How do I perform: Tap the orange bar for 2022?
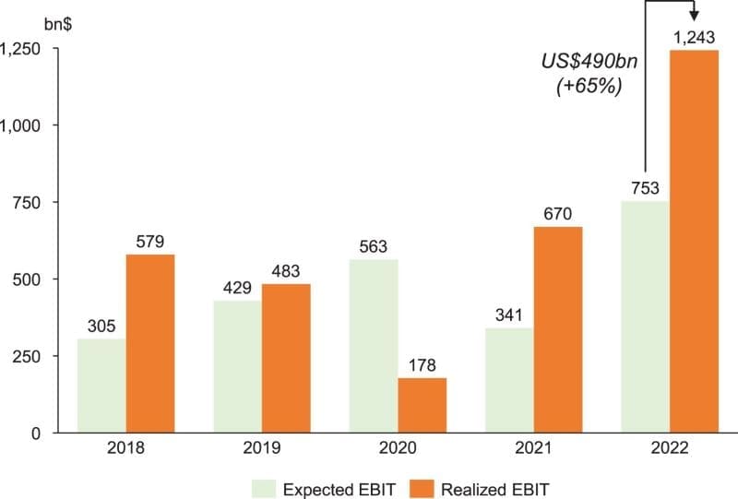point(694,241)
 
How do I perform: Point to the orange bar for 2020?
point(423,405)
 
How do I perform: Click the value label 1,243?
point(694,38)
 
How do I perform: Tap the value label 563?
point(374,247)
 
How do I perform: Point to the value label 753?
point(645,189)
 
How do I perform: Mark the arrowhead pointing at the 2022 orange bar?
point(694,16)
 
